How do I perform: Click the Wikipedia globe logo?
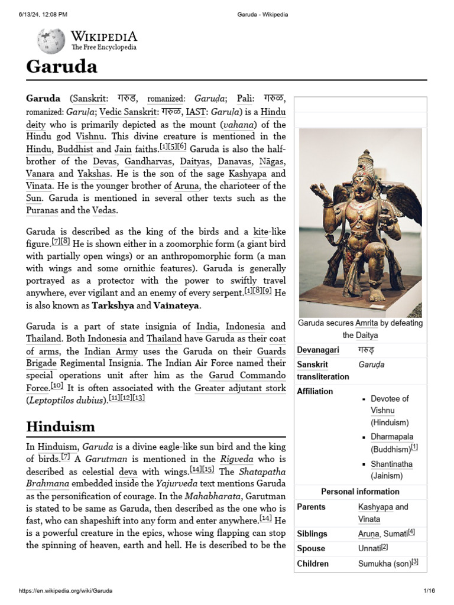click(51, 41)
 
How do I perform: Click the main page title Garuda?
click(61, 66)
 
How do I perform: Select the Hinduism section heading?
click(60, 426)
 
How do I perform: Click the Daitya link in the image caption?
click(367, 335)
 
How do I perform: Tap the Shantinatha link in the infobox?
click(391, 464)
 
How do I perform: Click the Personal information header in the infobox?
click(360, 492)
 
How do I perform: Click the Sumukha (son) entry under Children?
click(384, 564)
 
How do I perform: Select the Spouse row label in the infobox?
click(311, 548)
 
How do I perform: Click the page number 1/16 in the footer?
click(429, 591)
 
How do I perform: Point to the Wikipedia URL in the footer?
click(66, 591)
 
